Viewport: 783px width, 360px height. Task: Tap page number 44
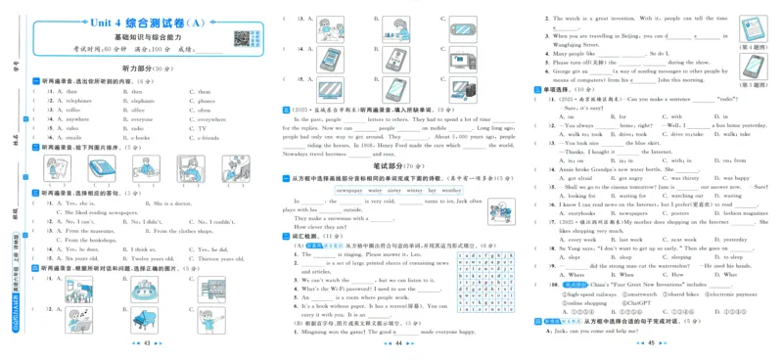pos(397,345)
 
